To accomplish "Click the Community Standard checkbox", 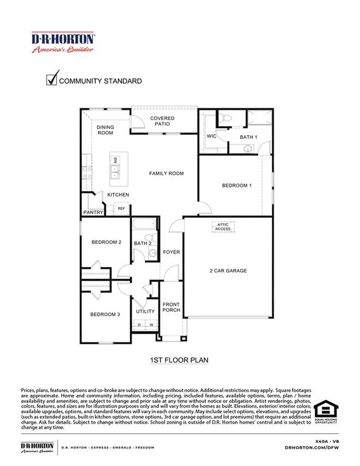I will point(52,79).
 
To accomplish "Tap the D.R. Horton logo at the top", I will point(63,42).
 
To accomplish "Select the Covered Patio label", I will point(162,121).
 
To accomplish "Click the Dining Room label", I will point(105,130).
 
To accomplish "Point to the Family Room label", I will point(166,174).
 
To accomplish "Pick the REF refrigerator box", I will point(121,209).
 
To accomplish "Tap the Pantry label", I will point(93,212).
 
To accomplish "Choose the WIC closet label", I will point(211,137).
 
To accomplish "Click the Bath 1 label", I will point(248,137).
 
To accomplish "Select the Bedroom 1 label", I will point(236,186).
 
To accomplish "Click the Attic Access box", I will point(223,227).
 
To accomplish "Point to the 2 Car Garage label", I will point(228,271).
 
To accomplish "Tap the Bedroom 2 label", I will point(106,242).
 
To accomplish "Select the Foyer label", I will point(171,252).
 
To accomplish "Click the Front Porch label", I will point(171,308).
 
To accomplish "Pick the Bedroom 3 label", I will point(105,314).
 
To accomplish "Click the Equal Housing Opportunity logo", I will point(324,412).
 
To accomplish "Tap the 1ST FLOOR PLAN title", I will point(179,360).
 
